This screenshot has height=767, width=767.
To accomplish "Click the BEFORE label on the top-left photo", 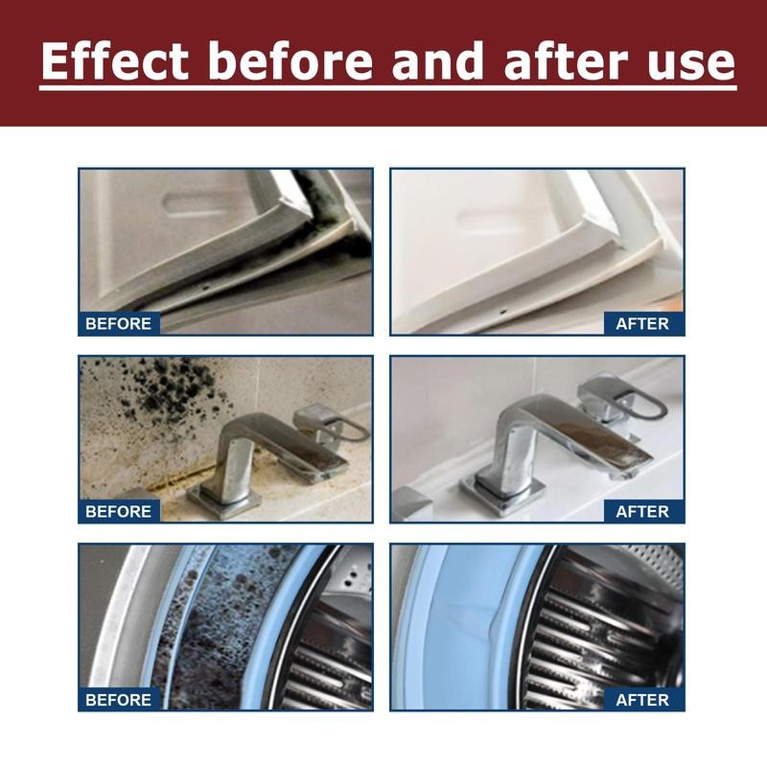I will [x=119, y=323].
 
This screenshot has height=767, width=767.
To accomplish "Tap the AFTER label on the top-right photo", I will [x=642, y=323].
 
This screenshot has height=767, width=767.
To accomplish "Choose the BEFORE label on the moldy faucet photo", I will [x=119, y=511].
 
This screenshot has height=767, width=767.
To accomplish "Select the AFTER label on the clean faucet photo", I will [x=642, y=511].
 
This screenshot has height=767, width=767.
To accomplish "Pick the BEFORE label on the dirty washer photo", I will [x=119, y=699].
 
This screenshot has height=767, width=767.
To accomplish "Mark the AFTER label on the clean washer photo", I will [x=642, y=699].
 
